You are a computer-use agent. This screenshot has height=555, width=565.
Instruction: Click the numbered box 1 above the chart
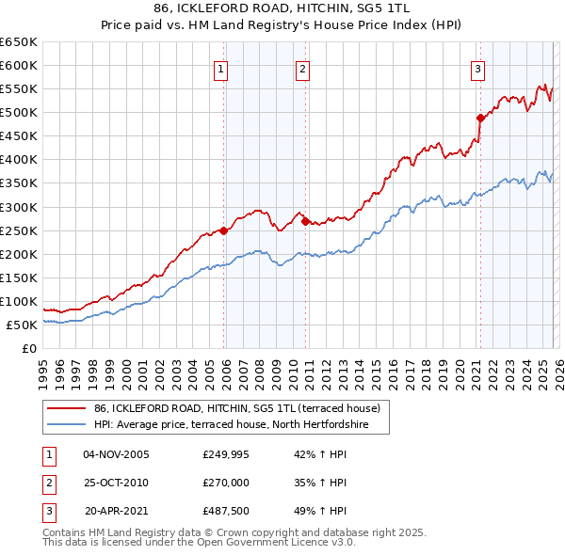click(x=220, y=68)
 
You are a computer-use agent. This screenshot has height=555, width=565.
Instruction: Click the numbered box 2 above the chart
click(x=302, y=68)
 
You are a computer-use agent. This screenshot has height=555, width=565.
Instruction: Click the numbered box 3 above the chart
click(x=477, y=68)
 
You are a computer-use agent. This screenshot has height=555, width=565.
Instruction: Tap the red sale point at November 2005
click(x=223, y=230)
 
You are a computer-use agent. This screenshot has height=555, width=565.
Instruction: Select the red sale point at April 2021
click(x=480, y=118)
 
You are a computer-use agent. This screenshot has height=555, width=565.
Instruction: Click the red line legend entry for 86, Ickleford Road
click(x=236, y=408)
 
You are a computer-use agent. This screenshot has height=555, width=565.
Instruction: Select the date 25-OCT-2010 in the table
click(x=116, y=483)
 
